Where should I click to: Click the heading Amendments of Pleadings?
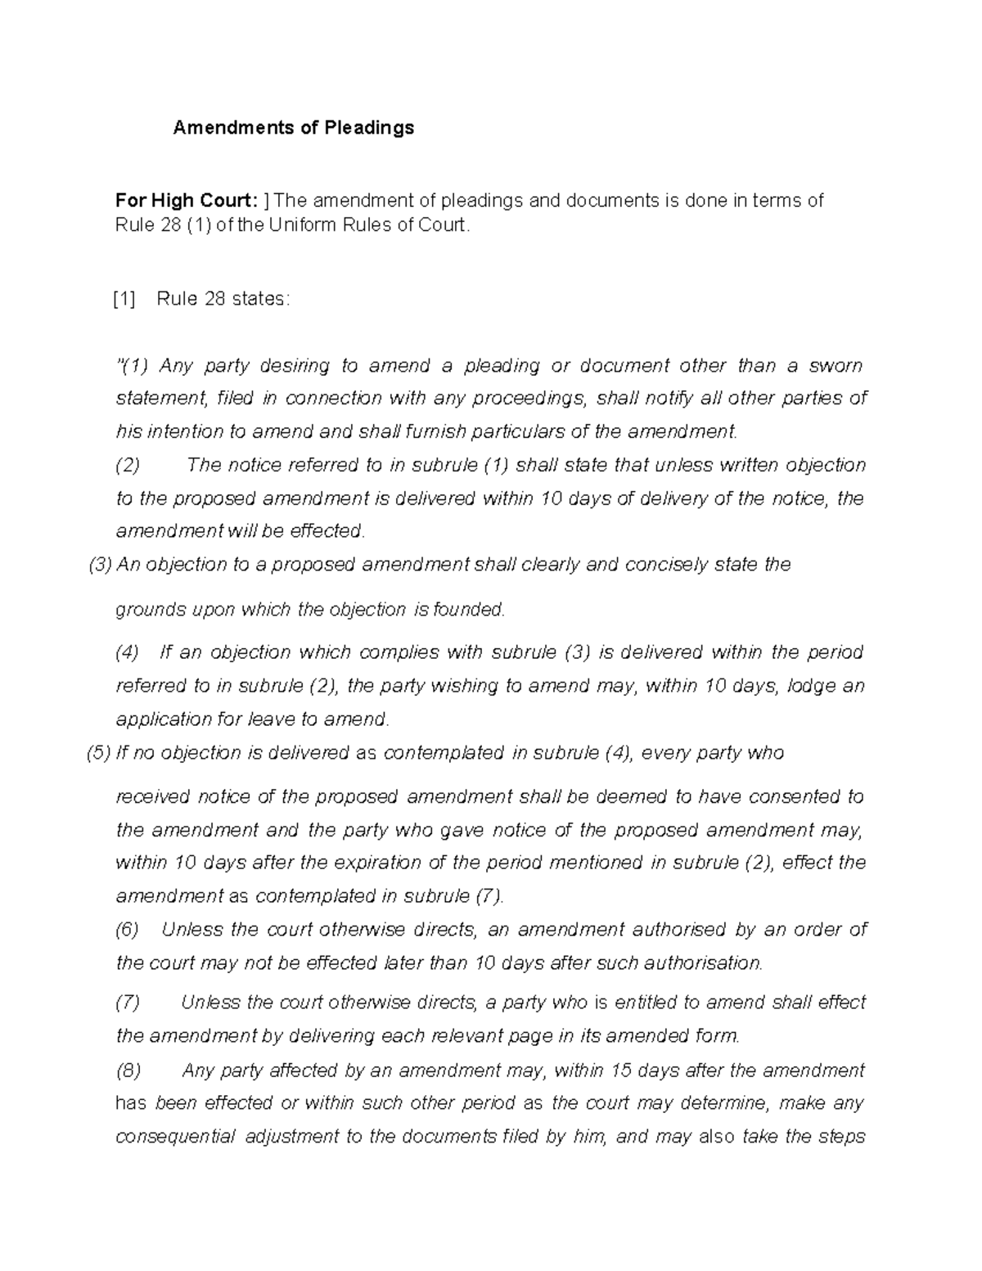(x=293, y=128)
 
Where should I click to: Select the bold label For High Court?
(x=187, y=201)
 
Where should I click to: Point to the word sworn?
(x=836, y=366)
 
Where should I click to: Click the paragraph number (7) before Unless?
(x=128, y=1003)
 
